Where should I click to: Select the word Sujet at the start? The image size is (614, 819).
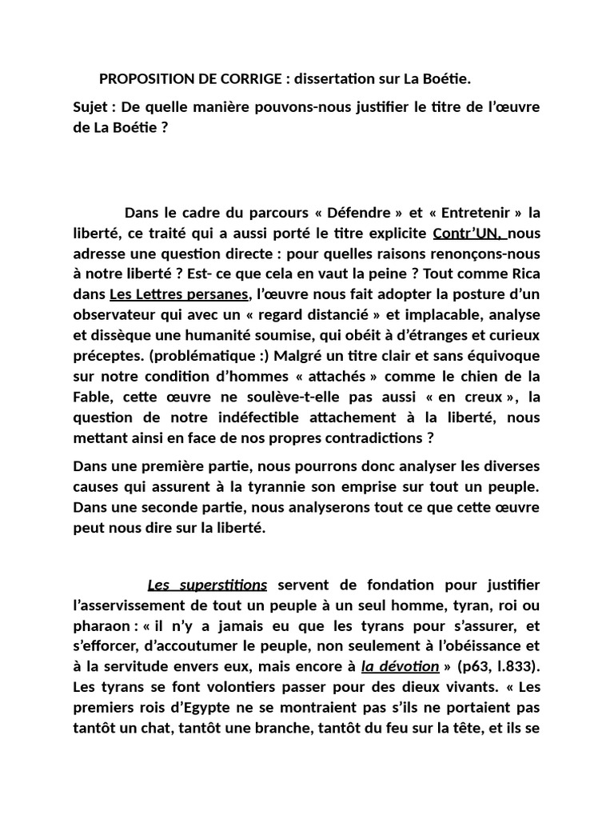point(91,107)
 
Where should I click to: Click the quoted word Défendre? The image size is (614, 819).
point(365,213)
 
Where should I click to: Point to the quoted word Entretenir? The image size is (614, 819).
point(476,213)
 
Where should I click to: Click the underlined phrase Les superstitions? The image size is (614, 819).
point(207,585)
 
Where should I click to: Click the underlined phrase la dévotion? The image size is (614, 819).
point(401,666)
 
